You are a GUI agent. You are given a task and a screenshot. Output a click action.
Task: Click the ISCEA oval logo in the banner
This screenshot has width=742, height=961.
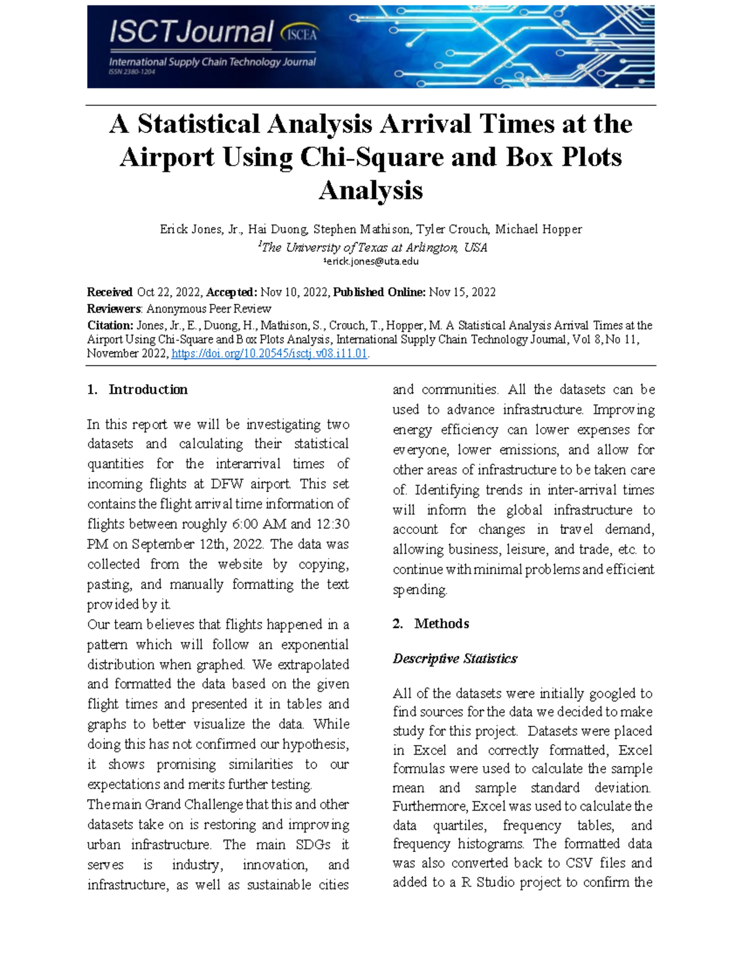click(299, 34)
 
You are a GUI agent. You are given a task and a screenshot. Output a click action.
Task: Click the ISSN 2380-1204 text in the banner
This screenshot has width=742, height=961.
click(132, 72)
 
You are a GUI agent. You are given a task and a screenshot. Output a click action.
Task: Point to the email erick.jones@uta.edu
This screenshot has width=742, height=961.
click(372, 262)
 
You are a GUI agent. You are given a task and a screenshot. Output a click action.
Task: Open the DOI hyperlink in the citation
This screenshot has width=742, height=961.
click(270, 354)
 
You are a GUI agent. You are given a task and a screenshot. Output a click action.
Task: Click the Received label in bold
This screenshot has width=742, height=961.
click(109, 293)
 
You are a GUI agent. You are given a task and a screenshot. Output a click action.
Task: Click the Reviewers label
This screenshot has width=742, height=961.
click(114, 309)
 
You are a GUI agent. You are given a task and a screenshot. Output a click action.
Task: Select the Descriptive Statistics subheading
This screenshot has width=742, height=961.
click(454, 658)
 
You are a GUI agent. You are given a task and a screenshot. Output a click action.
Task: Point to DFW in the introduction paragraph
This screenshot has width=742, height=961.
click(229, 484)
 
